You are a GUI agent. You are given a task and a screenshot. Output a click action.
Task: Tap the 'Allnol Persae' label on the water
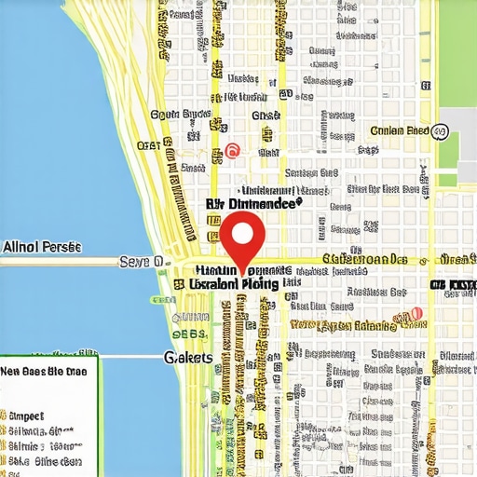click(41, 247)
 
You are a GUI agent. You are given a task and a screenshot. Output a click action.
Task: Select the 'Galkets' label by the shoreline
click(188, 357)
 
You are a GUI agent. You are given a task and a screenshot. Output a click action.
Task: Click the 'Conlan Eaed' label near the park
click(399, 131)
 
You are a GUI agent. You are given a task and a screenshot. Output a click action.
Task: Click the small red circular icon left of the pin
click(232, 150)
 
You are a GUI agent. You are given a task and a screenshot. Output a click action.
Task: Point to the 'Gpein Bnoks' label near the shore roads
click(179, 115)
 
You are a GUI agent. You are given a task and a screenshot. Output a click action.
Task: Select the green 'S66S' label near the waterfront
click(190, 334)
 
